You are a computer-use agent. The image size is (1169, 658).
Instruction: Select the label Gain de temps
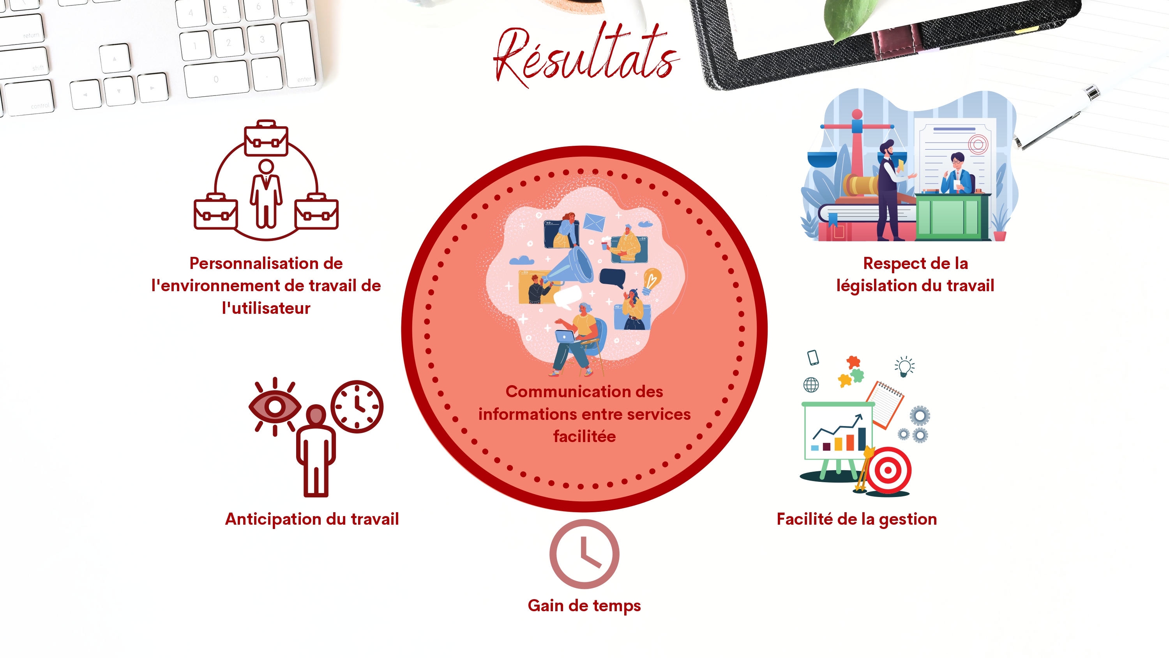(584, 606)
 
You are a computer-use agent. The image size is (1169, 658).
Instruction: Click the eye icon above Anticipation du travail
(275, 407)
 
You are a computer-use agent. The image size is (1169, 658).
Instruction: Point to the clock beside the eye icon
(357, 407)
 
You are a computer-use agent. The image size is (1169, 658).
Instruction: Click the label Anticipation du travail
(312, 519)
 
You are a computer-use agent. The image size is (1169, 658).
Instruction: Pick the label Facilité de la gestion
(857, 519)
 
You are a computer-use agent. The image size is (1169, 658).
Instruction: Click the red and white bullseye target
(888, 470)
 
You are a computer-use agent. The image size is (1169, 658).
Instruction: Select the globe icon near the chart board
(811, 385)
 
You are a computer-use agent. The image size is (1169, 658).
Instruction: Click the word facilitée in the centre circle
(584, 437)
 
